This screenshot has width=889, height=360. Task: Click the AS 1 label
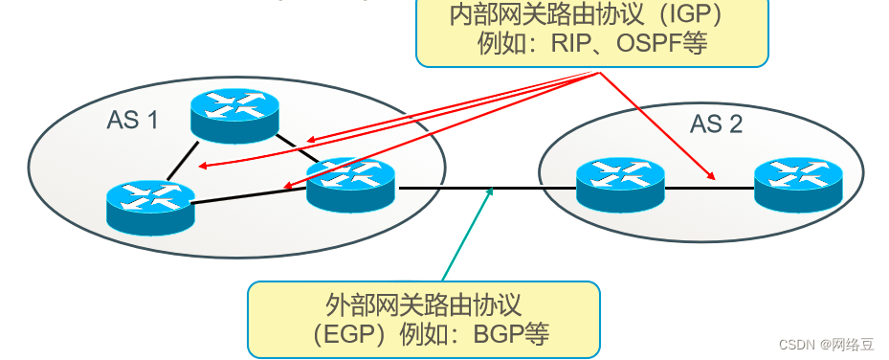[x=132, y=121]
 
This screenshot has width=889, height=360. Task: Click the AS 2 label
[x=716, y=124]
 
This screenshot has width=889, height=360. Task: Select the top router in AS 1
[x=233, y=113]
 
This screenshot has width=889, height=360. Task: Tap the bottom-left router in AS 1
[x=149, y=206]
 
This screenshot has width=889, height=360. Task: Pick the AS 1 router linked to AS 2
[x=350, y=183]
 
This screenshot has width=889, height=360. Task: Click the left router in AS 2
[x=620, y=183]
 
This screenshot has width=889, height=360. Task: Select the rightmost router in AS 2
[x=798, y=183]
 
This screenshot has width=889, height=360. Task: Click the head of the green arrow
[x=491, y=191]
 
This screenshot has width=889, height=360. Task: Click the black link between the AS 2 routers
[x=709, y=188]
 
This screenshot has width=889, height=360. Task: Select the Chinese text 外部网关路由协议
[x=423, y=305]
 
